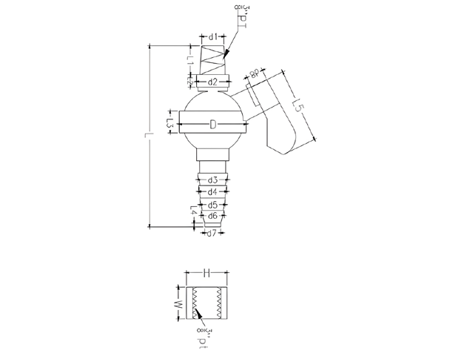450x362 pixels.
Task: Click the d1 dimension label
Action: coord(212,36)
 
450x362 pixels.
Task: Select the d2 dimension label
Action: coord(212,82)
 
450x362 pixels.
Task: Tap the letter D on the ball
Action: coord(212,124)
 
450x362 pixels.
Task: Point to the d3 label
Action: coord(212,180)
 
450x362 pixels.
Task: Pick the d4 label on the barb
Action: coord(212,191)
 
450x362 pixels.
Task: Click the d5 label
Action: coord(212,205)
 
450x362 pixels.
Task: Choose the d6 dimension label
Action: coord(212,216)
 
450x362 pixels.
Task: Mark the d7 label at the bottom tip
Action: coord(212,234)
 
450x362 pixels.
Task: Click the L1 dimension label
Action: coord(190,65)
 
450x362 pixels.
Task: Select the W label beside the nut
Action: coord(178,304)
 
